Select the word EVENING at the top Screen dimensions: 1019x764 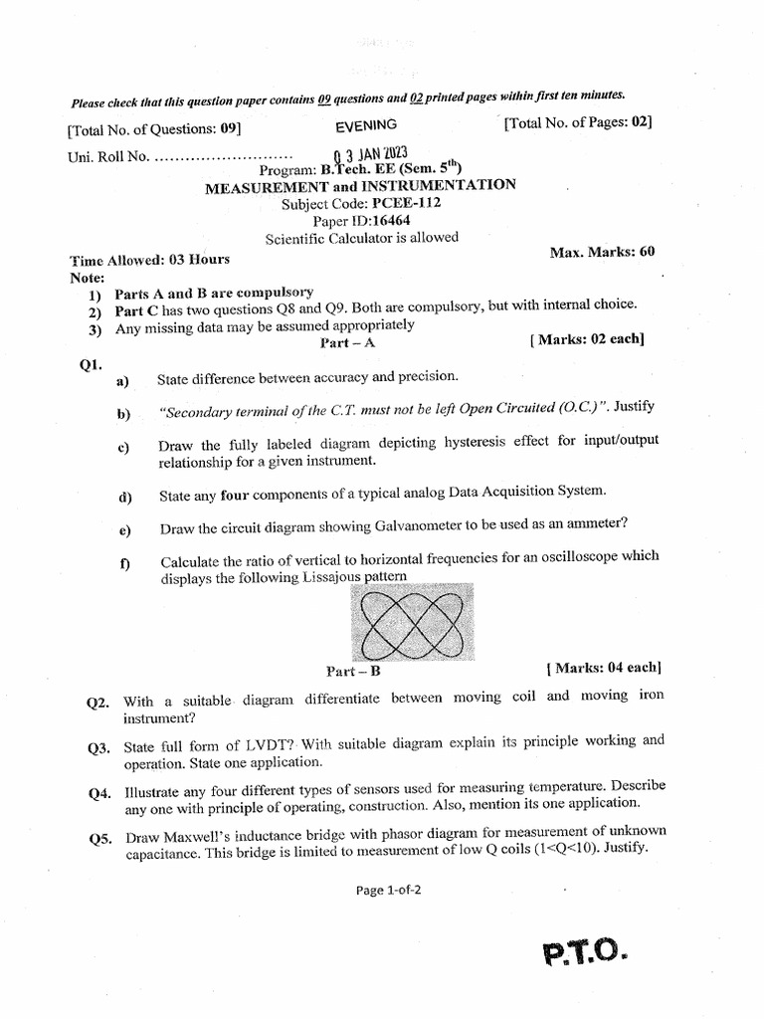(x=366, y=124)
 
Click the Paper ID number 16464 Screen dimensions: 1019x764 (x=393, y=220)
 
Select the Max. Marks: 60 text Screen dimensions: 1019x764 (x=602, y=252)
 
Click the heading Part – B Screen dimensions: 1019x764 (x=354, y=670)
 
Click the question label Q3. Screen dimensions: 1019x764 (x=98, y=747)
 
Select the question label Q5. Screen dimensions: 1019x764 (x=98, y=838)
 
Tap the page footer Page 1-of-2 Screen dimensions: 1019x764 (x=389, y=891)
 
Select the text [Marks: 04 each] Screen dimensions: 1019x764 (x=604, y=667)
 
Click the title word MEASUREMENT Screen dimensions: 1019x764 (x=267, y=186)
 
